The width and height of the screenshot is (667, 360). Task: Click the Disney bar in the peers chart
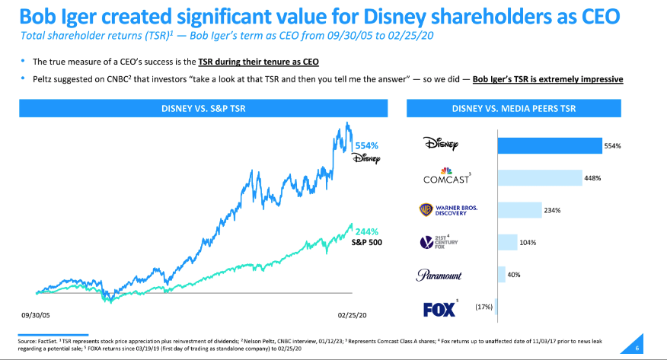tap(548, 145)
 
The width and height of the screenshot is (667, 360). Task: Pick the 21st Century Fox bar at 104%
tap(506, 242)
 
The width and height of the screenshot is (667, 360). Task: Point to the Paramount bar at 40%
tap(500, 274)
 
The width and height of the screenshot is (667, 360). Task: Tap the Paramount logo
tap(439, 275)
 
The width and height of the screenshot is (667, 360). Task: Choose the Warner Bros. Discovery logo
tap(448, 209)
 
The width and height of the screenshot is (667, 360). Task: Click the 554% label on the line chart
tap(366, 145)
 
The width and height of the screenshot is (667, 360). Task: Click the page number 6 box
tap(637, 349)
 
